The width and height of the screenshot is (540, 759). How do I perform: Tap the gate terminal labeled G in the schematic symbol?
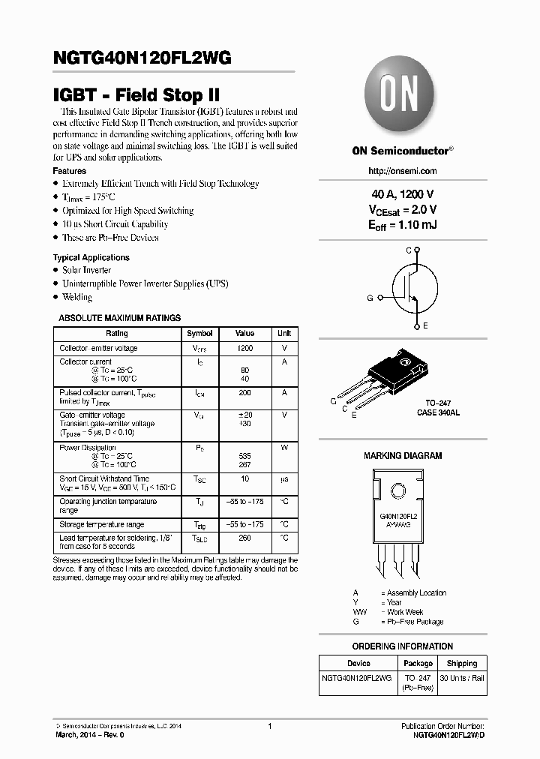(370, 298)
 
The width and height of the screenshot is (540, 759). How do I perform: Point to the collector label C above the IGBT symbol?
(409, 250)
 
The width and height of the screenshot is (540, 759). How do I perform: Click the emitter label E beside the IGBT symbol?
(425, 325)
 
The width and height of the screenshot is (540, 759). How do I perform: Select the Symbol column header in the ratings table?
(199, 333)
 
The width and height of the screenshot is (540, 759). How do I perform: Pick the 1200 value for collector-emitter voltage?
(244, 349)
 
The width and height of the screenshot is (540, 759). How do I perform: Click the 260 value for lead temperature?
(244, 538)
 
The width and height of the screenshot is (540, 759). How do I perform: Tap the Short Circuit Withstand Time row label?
(104, 478)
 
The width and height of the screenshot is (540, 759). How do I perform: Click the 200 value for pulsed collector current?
(244, 392)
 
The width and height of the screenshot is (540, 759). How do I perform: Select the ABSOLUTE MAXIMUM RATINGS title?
(120, 318)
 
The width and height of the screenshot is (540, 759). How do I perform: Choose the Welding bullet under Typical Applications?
(77, 297)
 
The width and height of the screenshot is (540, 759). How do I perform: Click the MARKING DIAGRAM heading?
(403, 455)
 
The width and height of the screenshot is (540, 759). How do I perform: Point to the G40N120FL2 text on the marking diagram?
(398, 517)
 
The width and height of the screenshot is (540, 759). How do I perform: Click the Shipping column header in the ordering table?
(461, 663)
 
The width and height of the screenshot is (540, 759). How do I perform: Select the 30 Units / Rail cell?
(462, 678)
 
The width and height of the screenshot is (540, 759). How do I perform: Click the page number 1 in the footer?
(269, 726)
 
